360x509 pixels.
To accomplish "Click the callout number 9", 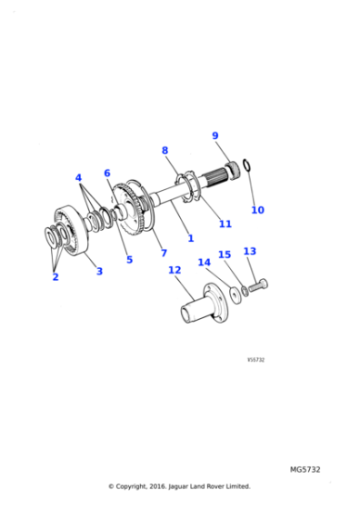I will (x=215, y=136).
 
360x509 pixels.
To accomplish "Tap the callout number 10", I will (x=257, y=210).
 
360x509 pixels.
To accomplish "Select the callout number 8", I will (x=165, y=150).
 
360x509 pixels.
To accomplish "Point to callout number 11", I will (x=225, y=224).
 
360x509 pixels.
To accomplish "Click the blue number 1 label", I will (x=190, y=238).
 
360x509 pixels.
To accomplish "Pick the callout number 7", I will (x=164, y=253).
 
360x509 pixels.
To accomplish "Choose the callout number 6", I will (x=107, y=173).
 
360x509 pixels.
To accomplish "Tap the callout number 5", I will (x=129, y=260).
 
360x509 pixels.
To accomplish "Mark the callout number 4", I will (x=78, y=177).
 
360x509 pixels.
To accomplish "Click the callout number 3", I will (x=99, y=271).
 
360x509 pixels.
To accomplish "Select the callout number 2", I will (x=55, y=277).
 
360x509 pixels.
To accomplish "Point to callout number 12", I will (x=174, y=270).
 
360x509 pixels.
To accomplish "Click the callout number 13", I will (x=249, y=251).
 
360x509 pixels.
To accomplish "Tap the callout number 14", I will (x=204, y=263).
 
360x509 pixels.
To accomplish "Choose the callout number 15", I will (x=225, y=255).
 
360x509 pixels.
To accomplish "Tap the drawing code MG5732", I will (x=305, y=470).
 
